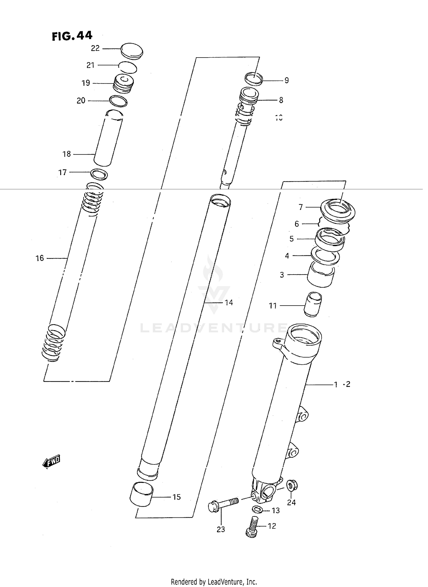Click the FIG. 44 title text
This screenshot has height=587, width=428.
tap(72, 36)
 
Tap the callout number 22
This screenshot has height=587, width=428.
tap(95, 48)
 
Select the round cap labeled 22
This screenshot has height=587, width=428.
tap(132, 51)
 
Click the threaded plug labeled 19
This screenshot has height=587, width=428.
tap(124, 84)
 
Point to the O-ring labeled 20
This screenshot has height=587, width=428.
tap(118, 101)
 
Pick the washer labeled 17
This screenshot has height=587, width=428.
tap(99, 174)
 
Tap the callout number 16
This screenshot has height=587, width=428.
tap(40, 258)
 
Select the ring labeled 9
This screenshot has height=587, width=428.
tap(254, 79)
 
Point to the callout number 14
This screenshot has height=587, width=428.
tap(229, 302)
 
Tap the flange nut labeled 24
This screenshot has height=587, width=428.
tap(291, 485)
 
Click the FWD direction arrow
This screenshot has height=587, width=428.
tap(52, 461)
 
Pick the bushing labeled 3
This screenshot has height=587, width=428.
tap(321, 275)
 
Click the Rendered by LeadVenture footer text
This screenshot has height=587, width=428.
tap(214, 582)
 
